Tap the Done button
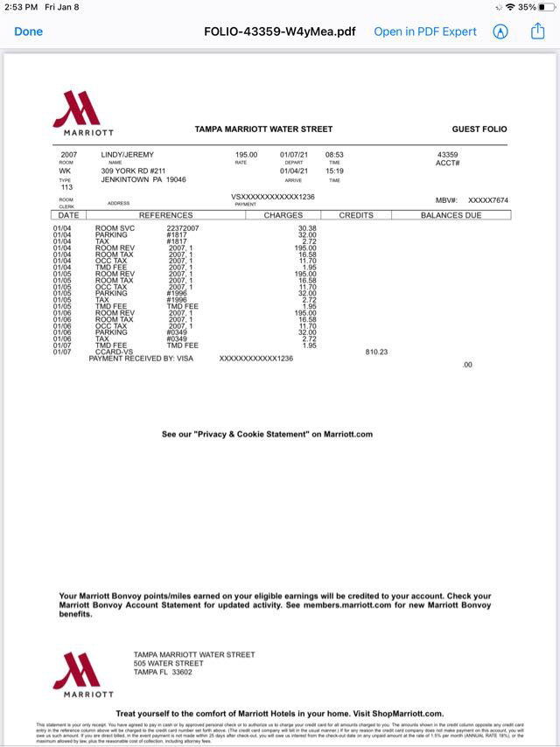tap(28, 31)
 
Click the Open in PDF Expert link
tap(425, 31)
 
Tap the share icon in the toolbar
tap(537, 31)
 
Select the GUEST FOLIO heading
tap(479, 129)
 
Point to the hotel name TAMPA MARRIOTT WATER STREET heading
tap(263, 129)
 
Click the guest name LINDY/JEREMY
tap(128, 155)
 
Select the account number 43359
tap(447, 155)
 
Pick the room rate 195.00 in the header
tap(246, 155)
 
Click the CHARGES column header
tap(283, 215)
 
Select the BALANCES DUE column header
tap(451, 215)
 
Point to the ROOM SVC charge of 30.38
tap(307, 228)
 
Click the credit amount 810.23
tap(376, 352)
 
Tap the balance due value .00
tap(466, 365)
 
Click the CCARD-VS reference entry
tap(115, 352)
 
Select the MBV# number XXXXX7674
tap(487, 200)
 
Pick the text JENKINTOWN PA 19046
tap(143, 179)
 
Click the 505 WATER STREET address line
tap(169, 664)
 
